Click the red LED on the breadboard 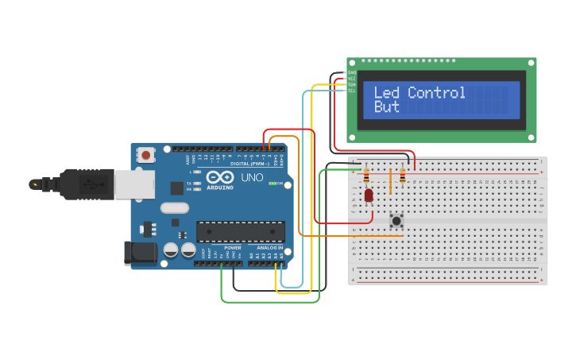(x=369, y=195)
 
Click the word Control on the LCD (x=436, y=93)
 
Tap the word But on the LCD (x=386, y=107)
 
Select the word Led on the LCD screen (x=387, y=93)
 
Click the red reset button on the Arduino (x=146, y=154)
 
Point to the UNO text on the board (x=252, y=177)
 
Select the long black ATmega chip (x=241, y=231)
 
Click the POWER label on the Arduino (x=232, y=248)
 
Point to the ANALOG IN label (x=269, y=248)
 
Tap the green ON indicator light (x=273, y=184)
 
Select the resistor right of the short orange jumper (x=403, y=176)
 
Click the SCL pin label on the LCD (x=351, y=91)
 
